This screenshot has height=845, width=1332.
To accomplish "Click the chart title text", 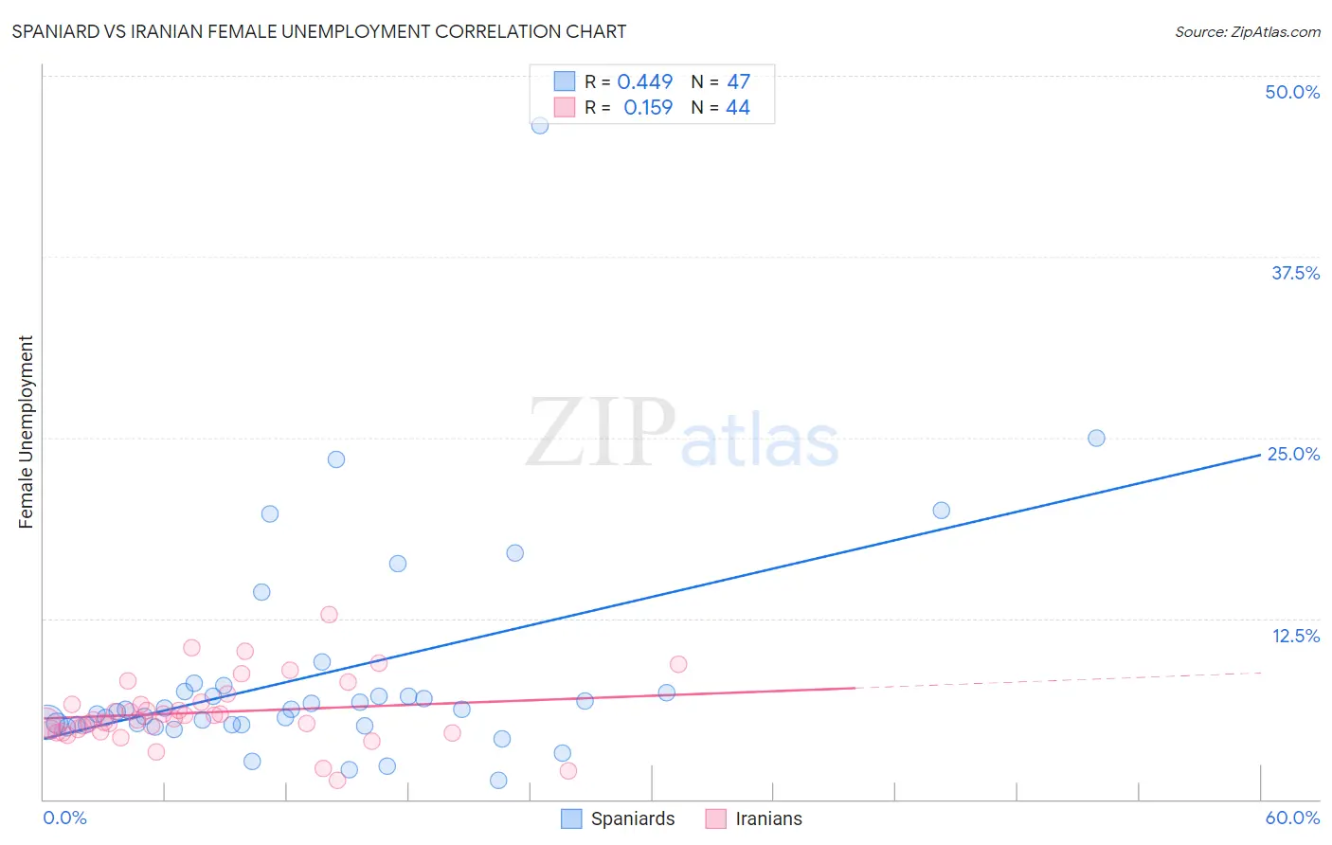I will [319, 31].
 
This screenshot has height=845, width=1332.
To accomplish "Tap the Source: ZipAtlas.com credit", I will [1247, 31].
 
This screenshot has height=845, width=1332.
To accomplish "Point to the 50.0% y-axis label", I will [1292, 92].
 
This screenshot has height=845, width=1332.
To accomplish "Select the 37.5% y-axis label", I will [1295, 273].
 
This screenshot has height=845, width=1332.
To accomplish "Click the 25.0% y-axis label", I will [1293, 454].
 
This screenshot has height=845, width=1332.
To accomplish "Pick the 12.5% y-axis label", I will [1295, 636].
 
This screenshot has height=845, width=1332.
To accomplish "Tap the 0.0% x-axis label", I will [64, 818].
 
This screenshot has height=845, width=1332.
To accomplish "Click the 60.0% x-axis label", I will [1292, 818].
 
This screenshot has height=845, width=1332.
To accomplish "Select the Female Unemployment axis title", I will [26, 432].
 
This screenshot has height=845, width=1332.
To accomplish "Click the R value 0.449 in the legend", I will [644, 82].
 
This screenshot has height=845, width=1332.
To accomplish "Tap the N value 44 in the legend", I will [737, 108].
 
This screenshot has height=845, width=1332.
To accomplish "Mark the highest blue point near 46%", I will [540, 125].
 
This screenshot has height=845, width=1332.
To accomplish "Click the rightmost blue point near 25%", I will [1096, 438].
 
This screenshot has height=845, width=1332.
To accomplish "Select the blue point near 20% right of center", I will [941, 511].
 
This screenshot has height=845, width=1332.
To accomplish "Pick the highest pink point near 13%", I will [329, 614].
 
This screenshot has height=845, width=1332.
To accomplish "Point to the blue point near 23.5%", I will [336, 459].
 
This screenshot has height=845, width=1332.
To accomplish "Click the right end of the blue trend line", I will [1260, 455].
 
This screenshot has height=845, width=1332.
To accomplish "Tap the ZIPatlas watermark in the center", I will [682, 434].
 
